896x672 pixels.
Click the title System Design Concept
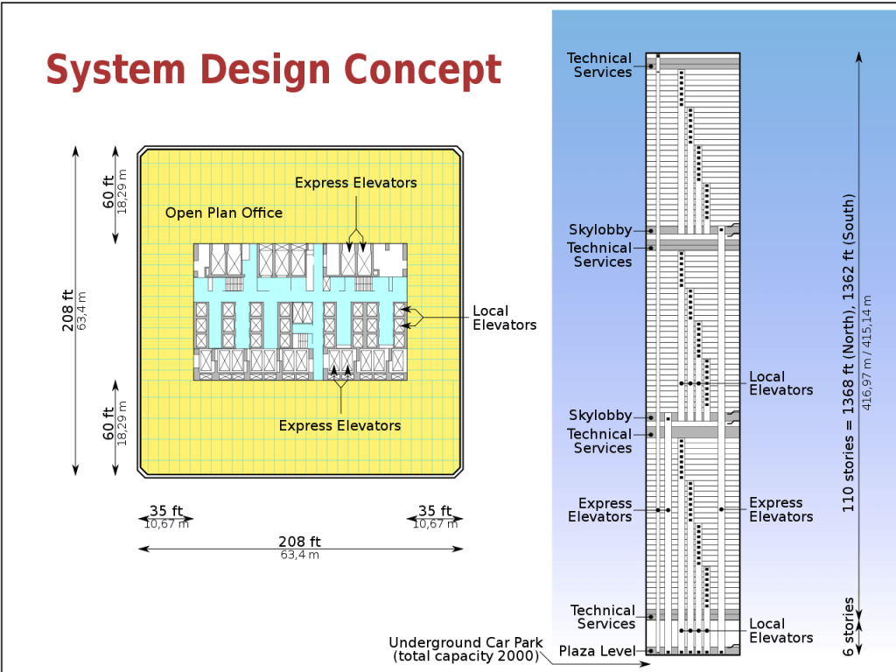[274, 70]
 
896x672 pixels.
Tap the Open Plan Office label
[224, 213]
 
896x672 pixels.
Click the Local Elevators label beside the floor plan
[505, 318]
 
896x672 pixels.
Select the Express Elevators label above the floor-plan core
[356, 183]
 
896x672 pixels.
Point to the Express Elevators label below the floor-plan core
[340, 426]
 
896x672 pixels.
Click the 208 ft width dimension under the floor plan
[299, 542]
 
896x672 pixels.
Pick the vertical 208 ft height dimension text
[67, 311]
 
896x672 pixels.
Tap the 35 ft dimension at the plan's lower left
[166, 510]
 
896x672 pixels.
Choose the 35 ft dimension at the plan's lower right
[435, 510]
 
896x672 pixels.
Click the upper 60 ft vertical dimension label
[108, 192]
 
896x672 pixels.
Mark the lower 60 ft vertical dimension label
[108, 423]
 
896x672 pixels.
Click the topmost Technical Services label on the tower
[599, 65]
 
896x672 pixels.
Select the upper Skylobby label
[600, 230]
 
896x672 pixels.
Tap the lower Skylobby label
[600, 416]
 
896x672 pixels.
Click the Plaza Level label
[597, 651]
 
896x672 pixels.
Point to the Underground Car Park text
[465, 643]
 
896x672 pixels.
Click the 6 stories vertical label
[848, 626]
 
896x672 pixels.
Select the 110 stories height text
[848, 353]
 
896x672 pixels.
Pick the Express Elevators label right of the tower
[781, 510]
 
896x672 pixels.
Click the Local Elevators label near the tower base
[781, 631]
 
